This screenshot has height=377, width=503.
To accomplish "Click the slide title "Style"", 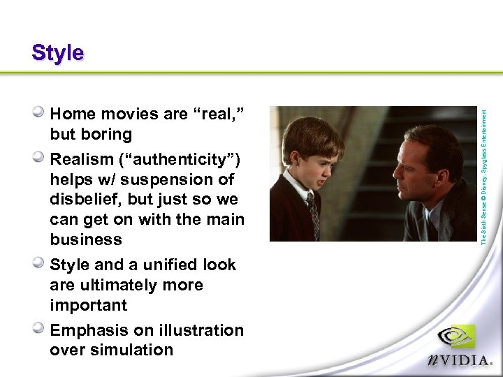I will tap(57, 53).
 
